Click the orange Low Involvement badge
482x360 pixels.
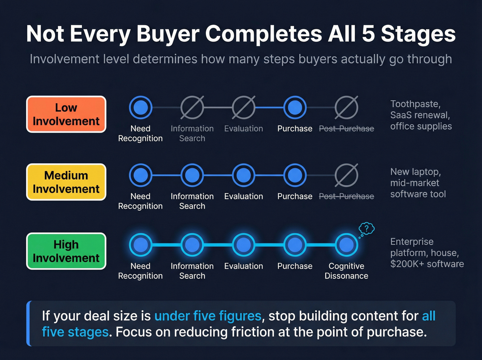click(x=66, y=114)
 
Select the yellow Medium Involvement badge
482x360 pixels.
click(x=66, y=182)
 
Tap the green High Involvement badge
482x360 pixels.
click(x=66, y=251)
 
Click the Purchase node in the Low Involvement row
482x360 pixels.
click(x=295, y=107)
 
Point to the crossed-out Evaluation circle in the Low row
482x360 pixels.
click(x=243, y=107)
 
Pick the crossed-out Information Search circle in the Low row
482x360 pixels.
click(x=192, y=107)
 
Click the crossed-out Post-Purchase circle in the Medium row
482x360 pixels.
click(x=346, y=175)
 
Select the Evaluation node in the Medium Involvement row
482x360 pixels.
click(x=243, y=175)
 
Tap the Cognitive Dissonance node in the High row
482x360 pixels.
click(x=346, y=245)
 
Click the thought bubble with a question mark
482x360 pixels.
click(x=367, y=228)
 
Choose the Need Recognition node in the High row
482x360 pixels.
click(x=140, y=245)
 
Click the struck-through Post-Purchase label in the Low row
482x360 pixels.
click(x=346, y=129)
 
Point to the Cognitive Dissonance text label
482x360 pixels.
click(x=346, y=271)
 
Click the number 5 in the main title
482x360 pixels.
click(x=368, y=34)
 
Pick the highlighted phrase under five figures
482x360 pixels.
click(x=208, y=316)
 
